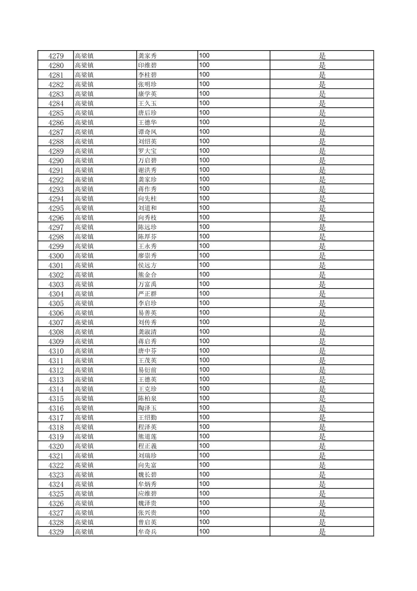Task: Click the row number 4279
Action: click(56, 56)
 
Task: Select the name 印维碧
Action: click(148, 65)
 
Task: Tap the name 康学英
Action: click(148, 94)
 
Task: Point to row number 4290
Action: click(56, 161)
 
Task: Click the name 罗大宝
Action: click(148, 151)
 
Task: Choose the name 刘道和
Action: click(148, 208)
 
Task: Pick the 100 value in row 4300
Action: click(204, 255)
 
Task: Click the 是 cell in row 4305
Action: click(322, 303)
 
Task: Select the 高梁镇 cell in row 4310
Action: click(84, 351)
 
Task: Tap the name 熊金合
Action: click(148, 275)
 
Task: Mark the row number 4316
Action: click(56, 408)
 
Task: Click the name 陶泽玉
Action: click(148, 408)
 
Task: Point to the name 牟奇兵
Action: click(148, 532)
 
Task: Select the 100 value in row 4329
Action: click(204, 532)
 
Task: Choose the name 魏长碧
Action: click(148, 475)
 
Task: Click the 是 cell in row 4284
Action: click(322, 103)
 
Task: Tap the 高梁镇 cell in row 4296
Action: click(84, 218)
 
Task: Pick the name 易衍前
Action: click(148, 370)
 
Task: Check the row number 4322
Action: click(56, 465)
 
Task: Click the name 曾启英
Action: click(148, 523)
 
